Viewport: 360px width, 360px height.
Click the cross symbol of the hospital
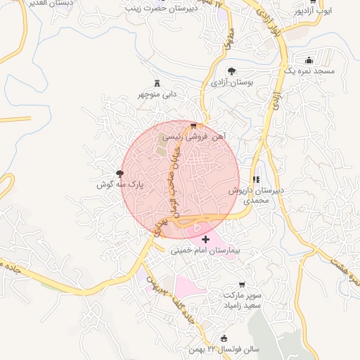click(x=205, y=240)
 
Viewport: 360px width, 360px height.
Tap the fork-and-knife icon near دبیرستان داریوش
click(x=256, y=180)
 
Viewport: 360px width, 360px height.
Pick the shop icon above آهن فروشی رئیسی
click(x=193, y=125)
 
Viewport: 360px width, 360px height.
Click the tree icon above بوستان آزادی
click(x=231, y=70)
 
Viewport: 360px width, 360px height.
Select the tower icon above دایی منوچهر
click(x=156, y=82)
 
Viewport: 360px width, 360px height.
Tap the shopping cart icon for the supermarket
click(x=242, y=284)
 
